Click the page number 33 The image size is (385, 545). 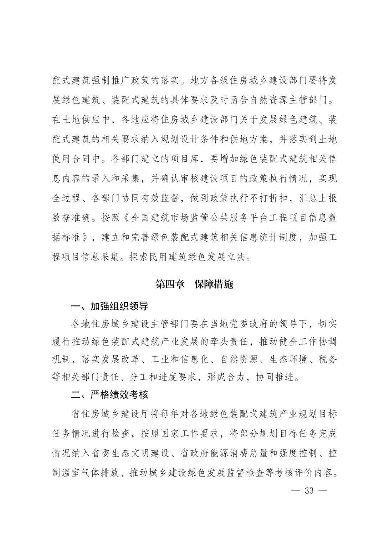tap(309, 490)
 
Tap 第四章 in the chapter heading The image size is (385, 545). tap(170, 284)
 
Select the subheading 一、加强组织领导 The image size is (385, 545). tap(109, 306)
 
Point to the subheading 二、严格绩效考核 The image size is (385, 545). tap(109, 395)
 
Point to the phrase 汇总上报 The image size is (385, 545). tap(318, 198)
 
